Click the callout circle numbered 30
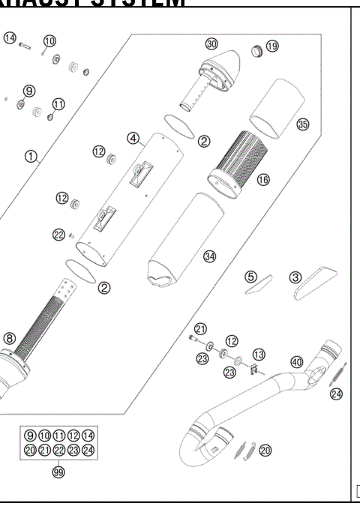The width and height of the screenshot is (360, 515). [211, 44]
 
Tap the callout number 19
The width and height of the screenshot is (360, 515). [271, 46]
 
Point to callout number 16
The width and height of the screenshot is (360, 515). [263, 181]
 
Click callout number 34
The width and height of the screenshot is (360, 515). [209, 256]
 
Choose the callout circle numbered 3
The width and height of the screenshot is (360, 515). [296, 277]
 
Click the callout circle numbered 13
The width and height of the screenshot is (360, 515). [259, 354]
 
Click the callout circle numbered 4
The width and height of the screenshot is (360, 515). [133, 138]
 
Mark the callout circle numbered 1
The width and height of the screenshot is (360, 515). [31, 157]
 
